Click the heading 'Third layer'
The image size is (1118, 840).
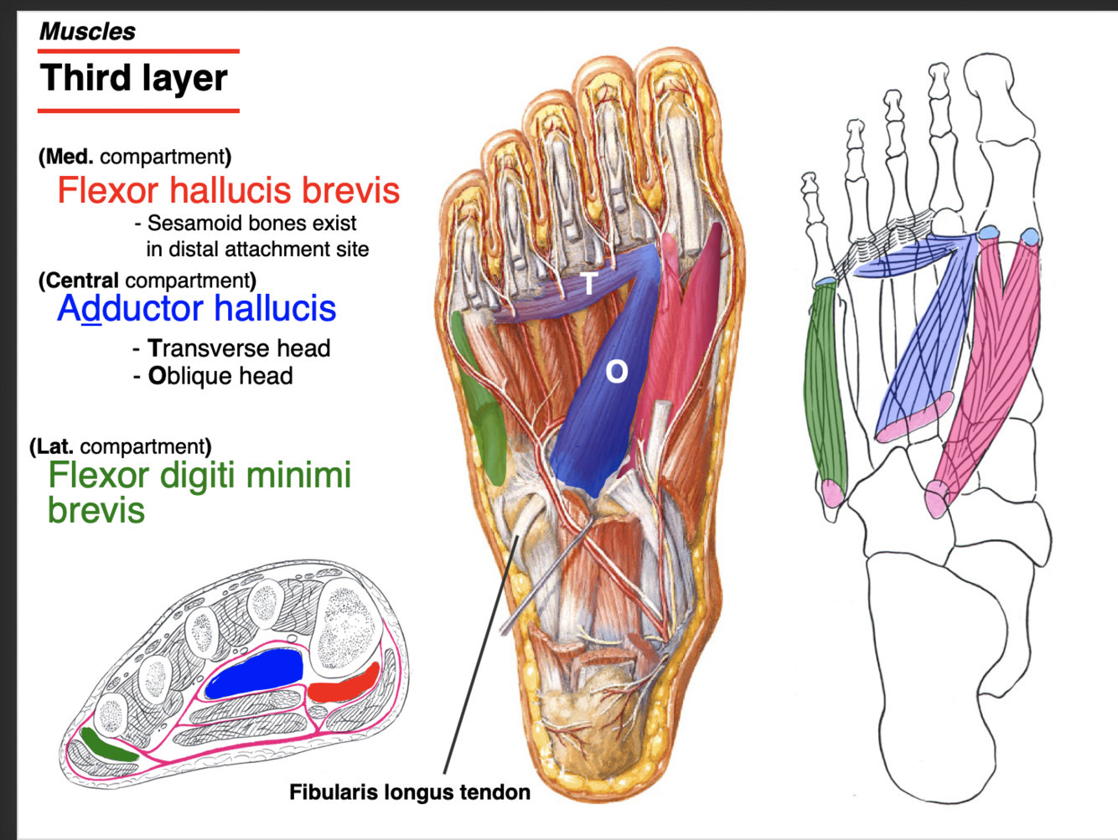point(133,79)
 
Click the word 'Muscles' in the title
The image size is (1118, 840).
point(87,32)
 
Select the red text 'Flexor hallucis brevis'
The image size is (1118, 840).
point(228,190)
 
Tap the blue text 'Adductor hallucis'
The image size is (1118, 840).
point(196,308)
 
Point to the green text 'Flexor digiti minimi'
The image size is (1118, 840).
point(199,475)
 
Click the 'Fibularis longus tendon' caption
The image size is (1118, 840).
point(409,792)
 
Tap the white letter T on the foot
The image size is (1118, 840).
point(589,283)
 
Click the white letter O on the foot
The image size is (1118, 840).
point(616,371)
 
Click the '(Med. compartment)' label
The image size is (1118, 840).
point(135,157)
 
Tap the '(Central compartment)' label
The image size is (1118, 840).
point(148,280)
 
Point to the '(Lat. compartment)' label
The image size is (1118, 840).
point(121,446)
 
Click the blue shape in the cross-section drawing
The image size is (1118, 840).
point(254,673)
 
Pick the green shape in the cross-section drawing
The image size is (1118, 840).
point(109,745)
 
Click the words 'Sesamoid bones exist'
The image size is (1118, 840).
point(251,224)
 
